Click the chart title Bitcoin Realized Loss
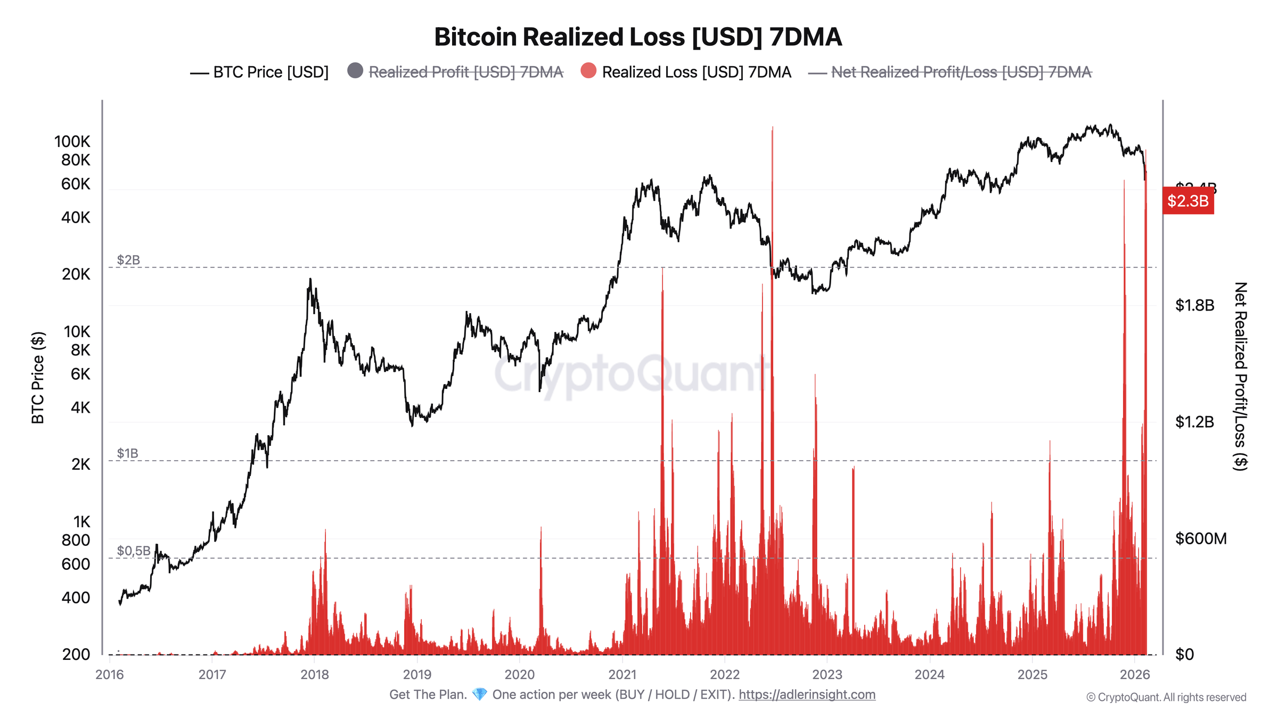click(638, 37)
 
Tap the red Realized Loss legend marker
click(588, 71)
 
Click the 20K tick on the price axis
click(76, 274)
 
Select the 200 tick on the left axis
click(76, 655)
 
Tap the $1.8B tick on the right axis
click(1195, 305)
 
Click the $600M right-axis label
click(1200, 538)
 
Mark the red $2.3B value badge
click(1187, 201)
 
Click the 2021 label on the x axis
click(622, 675)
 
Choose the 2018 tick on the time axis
click(314, 675)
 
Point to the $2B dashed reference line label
click(128, 260)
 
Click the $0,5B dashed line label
click(134, 551)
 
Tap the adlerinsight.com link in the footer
click(807, 695)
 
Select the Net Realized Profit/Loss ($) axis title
click(1241, 376)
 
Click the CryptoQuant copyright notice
click(1166, 697)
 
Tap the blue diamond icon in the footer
click(479, 695)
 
